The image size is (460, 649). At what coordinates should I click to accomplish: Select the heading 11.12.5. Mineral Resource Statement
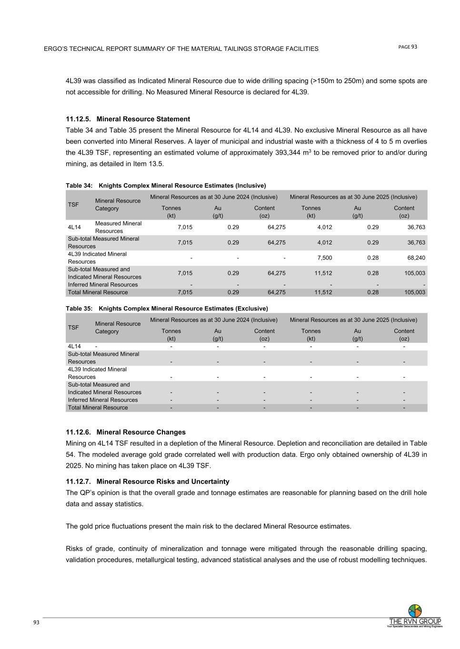(x=128, y=119)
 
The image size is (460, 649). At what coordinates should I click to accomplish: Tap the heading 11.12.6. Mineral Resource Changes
(x=125, y=432)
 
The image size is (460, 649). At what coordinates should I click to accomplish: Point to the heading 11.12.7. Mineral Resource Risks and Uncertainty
(x=147, y=482)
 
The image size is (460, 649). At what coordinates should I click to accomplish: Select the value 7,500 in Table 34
(x=324, y=258)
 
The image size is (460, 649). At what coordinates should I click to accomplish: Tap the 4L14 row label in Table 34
(x=74, y=227)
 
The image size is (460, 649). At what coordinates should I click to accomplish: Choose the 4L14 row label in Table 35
(x=74, y=347)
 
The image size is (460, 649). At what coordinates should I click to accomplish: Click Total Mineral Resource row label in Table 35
(x=98, y=407)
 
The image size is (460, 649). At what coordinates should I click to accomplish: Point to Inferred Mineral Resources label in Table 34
(x=103, y=285)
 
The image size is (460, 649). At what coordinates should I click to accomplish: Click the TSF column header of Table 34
(x=73, y=204)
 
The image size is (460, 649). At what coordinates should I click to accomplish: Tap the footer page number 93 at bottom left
(x=36, y=622)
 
